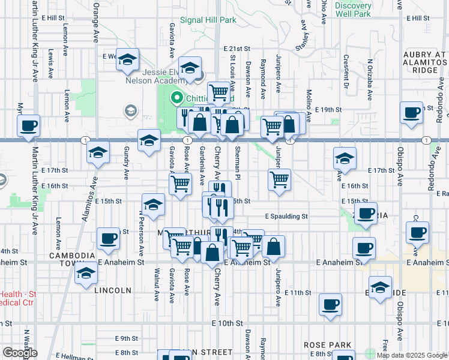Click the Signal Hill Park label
click(208, 20)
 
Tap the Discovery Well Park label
click(354, 9)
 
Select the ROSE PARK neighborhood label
click(327, 345)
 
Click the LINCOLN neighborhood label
click(112, 290)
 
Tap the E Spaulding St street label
click(286, 216)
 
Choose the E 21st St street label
click(237, 49)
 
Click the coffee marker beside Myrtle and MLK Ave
click(28, 126)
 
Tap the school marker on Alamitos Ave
click(98, 153)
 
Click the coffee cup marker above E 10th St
click(330, 304)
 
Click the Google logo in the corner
click(20, 353)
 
